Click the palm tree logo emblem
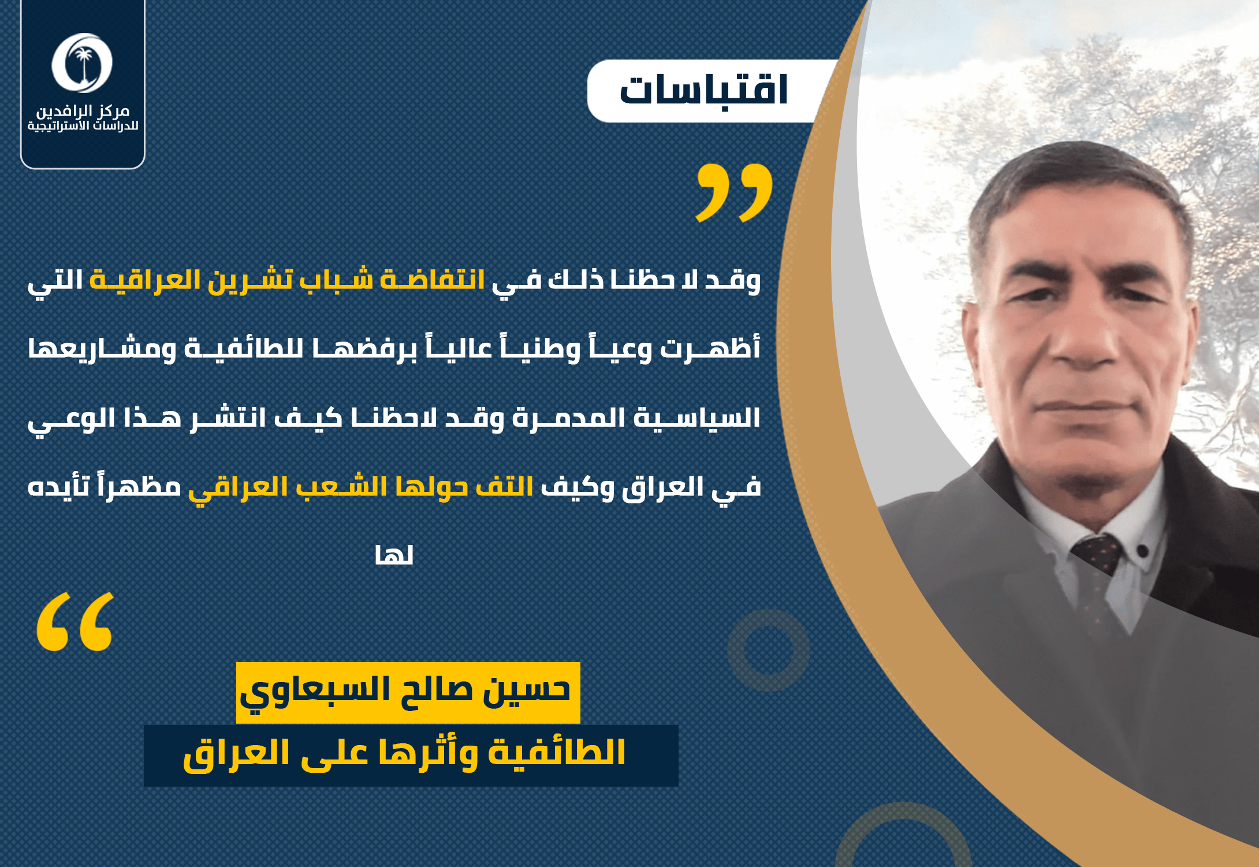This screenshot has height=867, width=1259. (x=82, y=63)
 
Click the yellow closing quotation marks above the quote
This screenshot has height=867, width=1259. (x=734, y=192)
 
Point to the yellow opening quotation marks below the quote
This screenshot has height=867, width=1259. (x=75, y=621)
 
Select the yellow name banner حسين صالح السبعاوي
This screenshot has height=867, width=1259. (x=408, y=692)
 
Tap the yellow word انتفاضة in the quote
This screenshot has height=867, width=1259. (x=432, y=280)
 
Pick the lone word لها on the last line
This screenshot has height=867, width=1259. (x=394, y=555)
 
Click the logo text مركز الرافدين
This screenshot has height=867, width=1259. (x=83, y=110)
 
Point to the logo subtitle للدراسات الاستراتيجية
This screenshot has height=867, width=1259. (x=83, y=126)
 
